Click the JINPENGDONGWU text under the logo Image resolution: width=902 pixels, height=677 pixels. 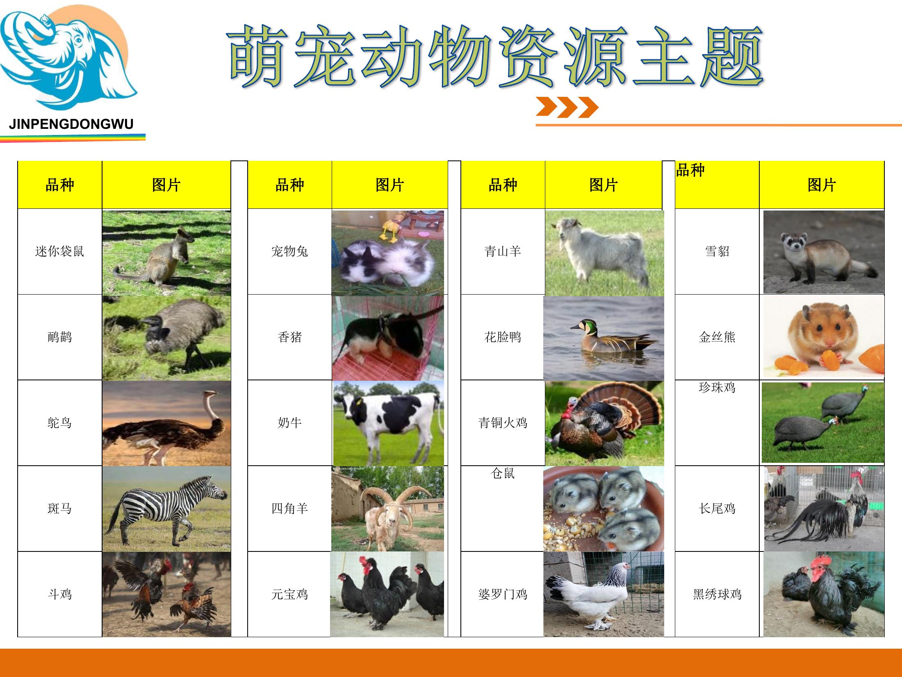point(71,124)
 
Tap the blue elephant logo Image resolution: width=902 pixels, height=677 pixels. point(69,57)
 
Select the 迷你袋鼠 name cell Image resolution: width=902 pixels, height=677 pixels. point(60,252)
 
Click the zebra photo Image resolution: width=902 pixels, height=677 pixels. point(166,509)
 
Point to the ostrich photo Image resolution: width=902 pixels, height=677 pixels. point(166,423)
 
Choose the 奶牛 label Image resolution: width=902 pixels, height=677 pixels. point(289,423)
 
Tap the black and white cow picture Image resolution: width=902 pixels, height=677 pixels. point(388,423)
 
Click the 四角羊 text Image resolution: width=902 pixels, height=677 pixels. point(289,509)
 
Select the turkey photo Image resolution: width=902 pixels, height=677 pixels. point(604,423)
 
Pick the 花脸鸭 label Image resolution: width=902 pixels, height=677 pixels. point(503,337)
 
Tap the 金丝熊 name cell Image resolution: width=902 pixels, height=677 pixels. point(717,337)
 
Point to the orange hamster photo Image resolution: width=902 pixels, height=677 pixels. point(823,337)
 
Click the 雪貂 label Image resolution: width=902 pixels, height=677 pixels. point(717,251)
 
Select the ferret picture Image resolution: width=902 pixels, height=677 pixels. point(823,252)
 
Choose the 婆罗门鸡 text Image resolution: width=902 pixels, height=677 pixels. point(503,594)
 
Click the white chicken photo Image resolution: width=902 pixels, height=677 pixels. point(604,595)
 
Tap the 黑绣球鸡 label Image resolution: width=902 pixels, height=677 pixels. point(717,594)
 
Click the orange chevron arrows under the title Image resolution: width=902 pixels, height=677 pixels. point(567,107)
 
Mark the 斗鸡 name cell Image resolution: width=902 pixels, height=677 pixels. point(60,594)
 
